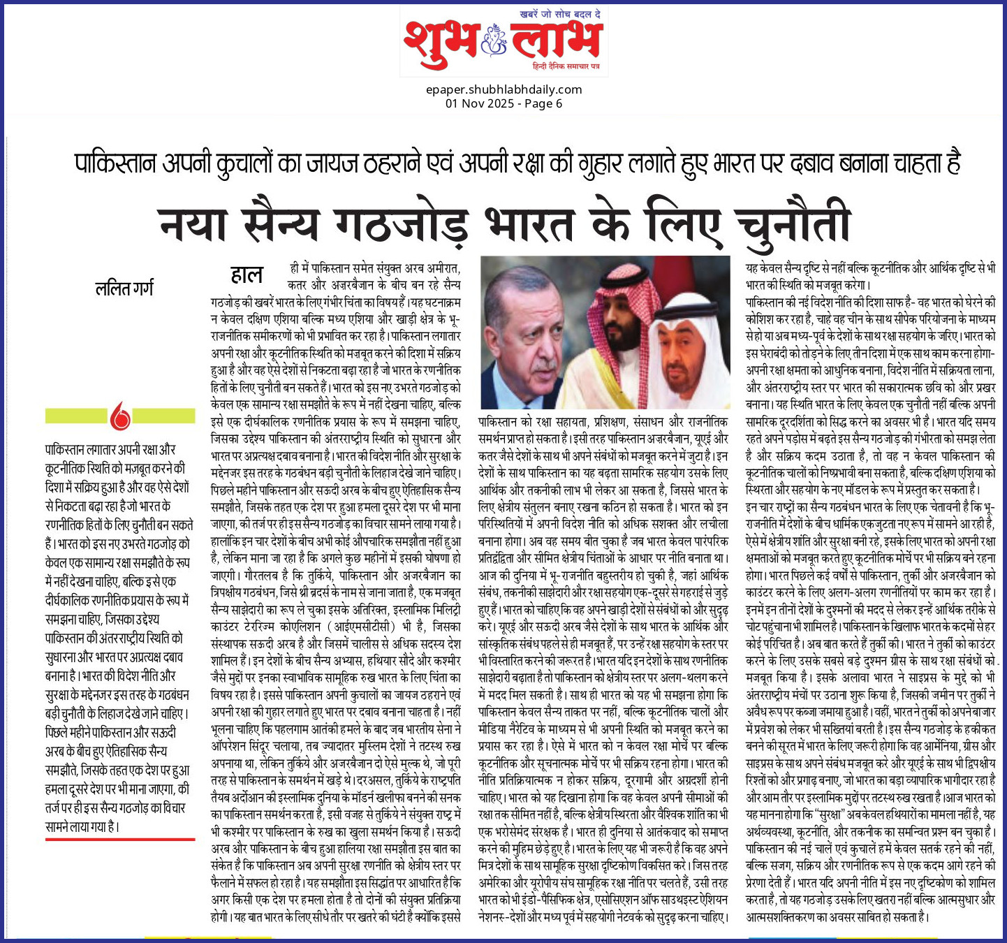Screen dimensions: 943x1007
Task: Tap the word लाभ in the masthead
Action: pos(554,41)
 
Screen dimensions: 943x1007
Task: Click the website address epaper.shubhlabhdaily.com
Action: pos(503,89)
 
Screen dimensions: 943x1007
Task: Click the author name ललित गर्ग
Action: pos(124,287)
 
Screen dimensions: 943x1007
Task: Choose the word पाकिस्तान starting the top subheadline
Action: pos(116,163)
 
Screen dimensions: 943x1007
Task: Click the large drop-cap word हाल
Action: pos(247,275)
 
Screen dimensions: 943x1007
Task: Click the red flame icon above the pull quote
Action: pos(120,416)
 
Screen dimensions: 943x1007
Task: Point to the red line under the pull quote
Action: pos(120,839)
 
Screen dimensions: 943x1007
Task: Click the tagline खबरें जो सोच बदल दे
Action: pos(560,14)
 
